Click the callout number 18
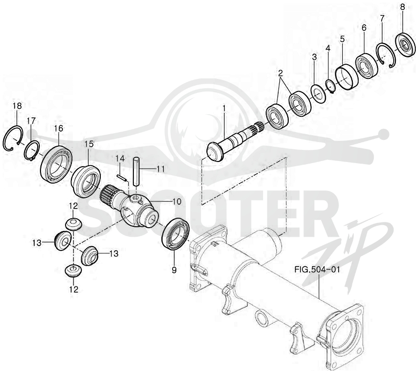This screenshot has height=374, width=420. tap(17, 106)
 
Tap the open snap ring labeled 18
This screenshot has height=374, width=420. tap(7, 139)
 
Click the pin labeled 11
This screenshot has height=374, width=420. tap(136, 171)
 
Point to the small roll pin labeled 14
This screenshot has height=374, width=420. tap(122, 178)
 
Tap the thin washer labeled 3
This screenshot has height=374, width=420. tap(318, 93)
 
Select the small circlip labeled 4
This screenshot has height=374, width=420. tap(330, 86)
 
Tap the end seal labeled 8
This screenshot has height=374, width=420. tap(406, 44)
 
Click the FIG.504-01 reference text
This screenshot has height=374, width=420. tap(317, 269)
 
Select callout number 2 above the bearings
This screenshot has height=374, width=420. tap(280, 73)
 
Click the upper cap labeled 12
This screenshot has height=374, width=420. tap(73, 224)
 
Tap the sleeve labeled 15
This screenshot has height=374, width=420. tap(86, 181)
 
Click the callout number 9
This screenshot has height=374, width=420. tap(174, 270)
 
